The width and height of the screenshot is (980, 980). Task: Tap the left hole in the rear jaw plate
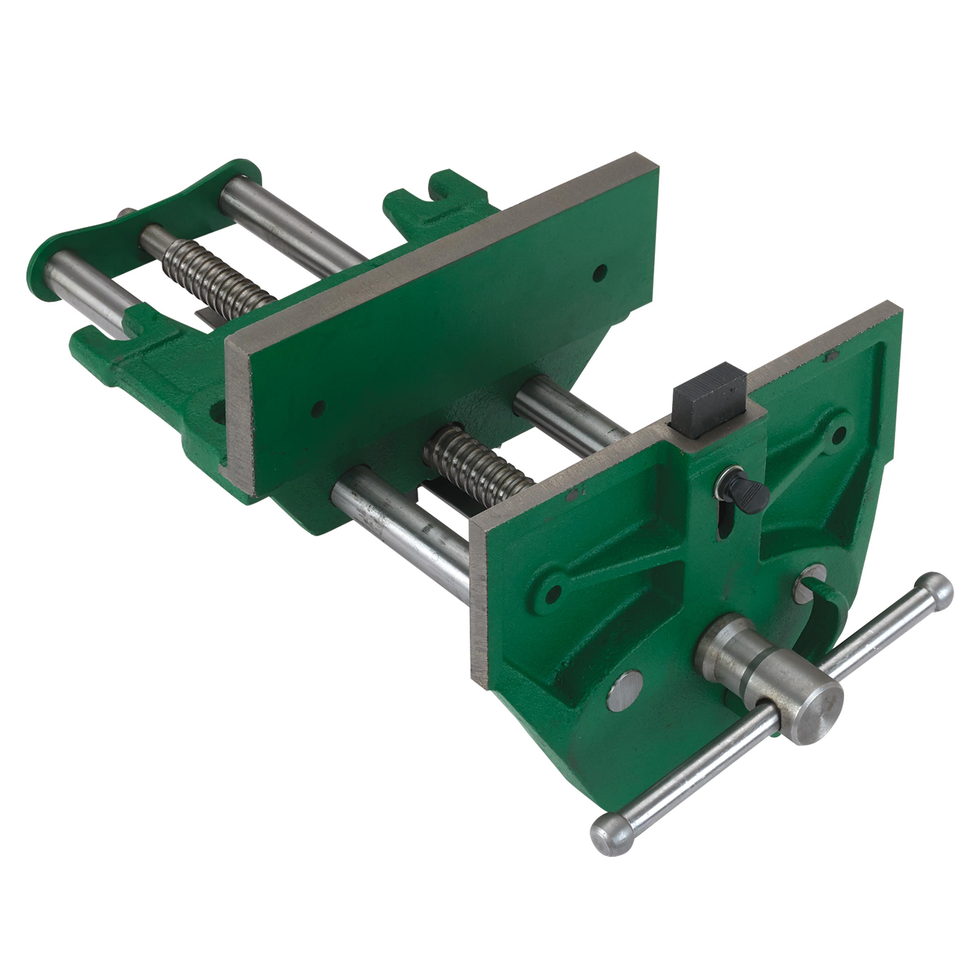319,406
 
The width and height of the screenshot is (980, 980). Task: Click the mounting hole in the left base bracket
216,408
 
